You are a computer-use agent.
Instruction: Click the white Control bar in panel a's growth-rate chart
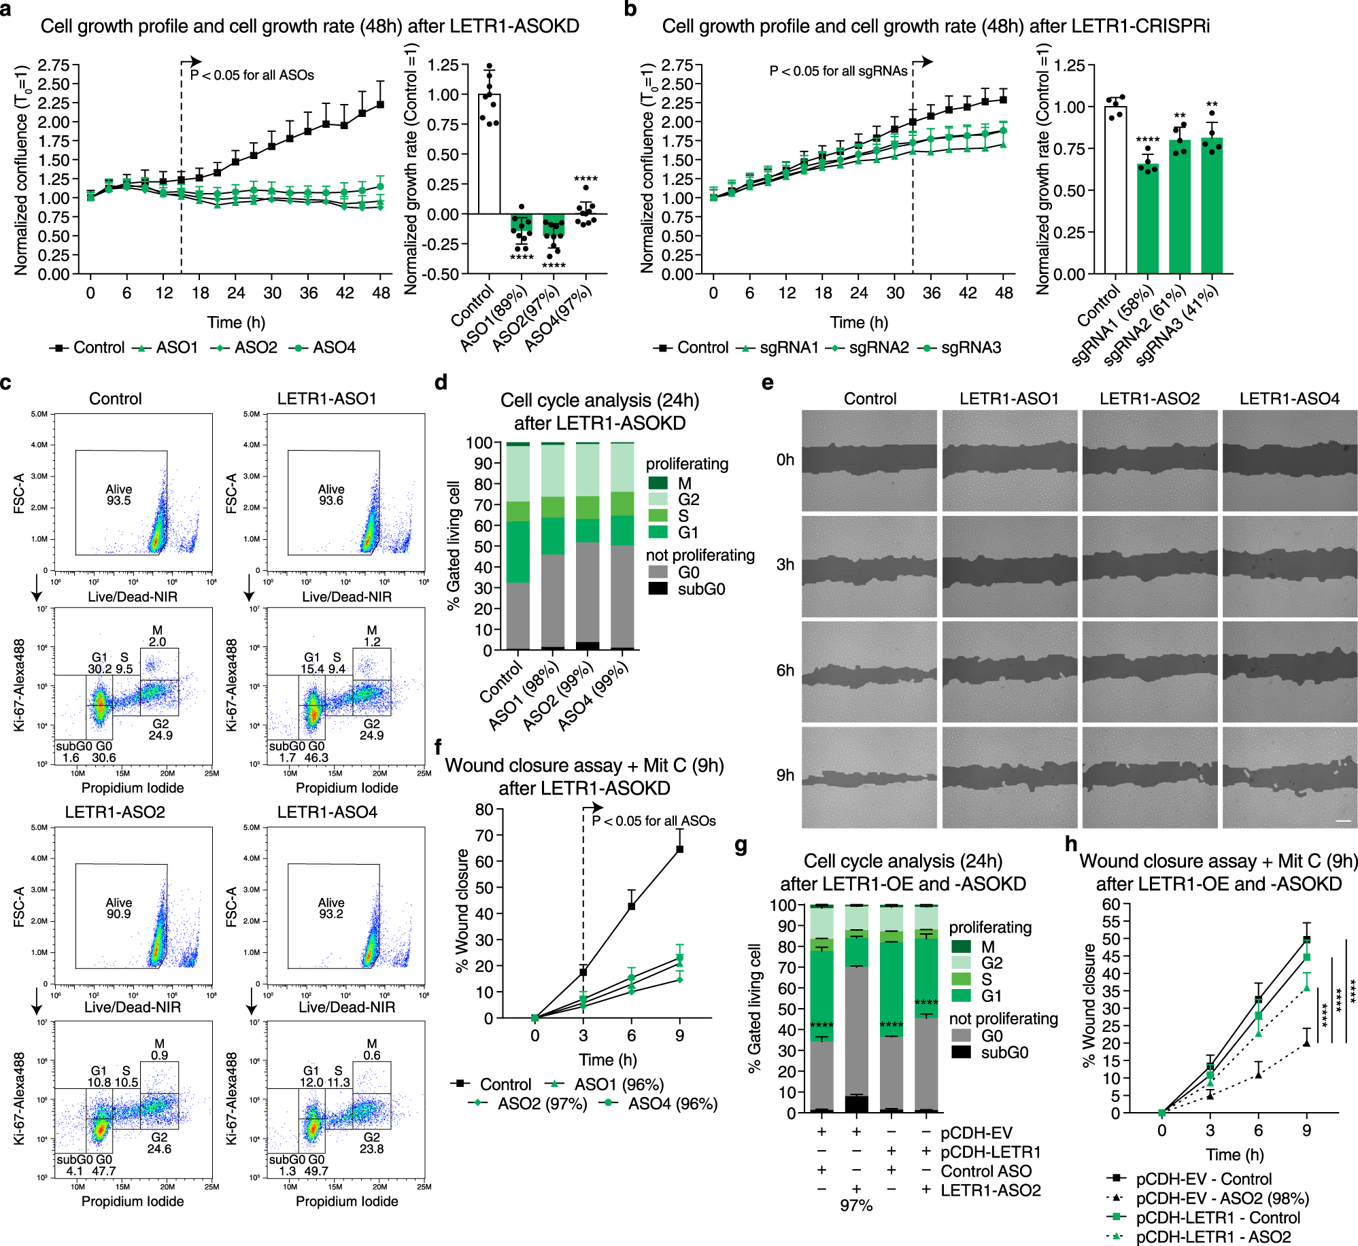[x=489, y=154]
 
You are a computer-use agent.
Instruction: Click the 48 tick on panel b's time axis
[x=1004, y=293]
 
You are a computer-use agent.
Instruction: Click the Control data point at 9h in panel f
[x=679, y=849]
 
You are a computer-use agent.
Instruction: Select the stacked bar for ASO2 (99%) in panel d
[x=588, y=547]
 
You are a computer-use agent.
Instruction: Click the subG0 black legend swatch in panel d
[x=658, y=589]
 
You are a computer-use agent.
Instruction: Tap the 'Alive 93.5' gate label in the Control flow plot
[x=118, y=495]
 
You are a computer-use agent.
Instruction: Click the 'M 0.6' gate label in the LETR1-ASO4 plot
[x=371, y=1049]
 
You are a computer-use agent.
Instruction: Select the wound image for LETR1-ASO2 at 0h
[x=1149, y=460]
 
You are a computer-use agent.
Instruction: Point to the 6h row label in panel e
[x=785, y=670]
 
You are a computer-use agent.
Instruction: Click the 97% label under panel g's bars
[x=856, y=1205]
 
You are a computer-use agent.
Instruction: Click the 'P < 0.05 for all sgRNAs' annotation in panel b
[x=838, y=71]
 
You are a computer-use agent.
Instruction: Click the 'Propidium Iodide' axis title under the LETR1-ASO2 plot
[x=133, y=1201]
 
